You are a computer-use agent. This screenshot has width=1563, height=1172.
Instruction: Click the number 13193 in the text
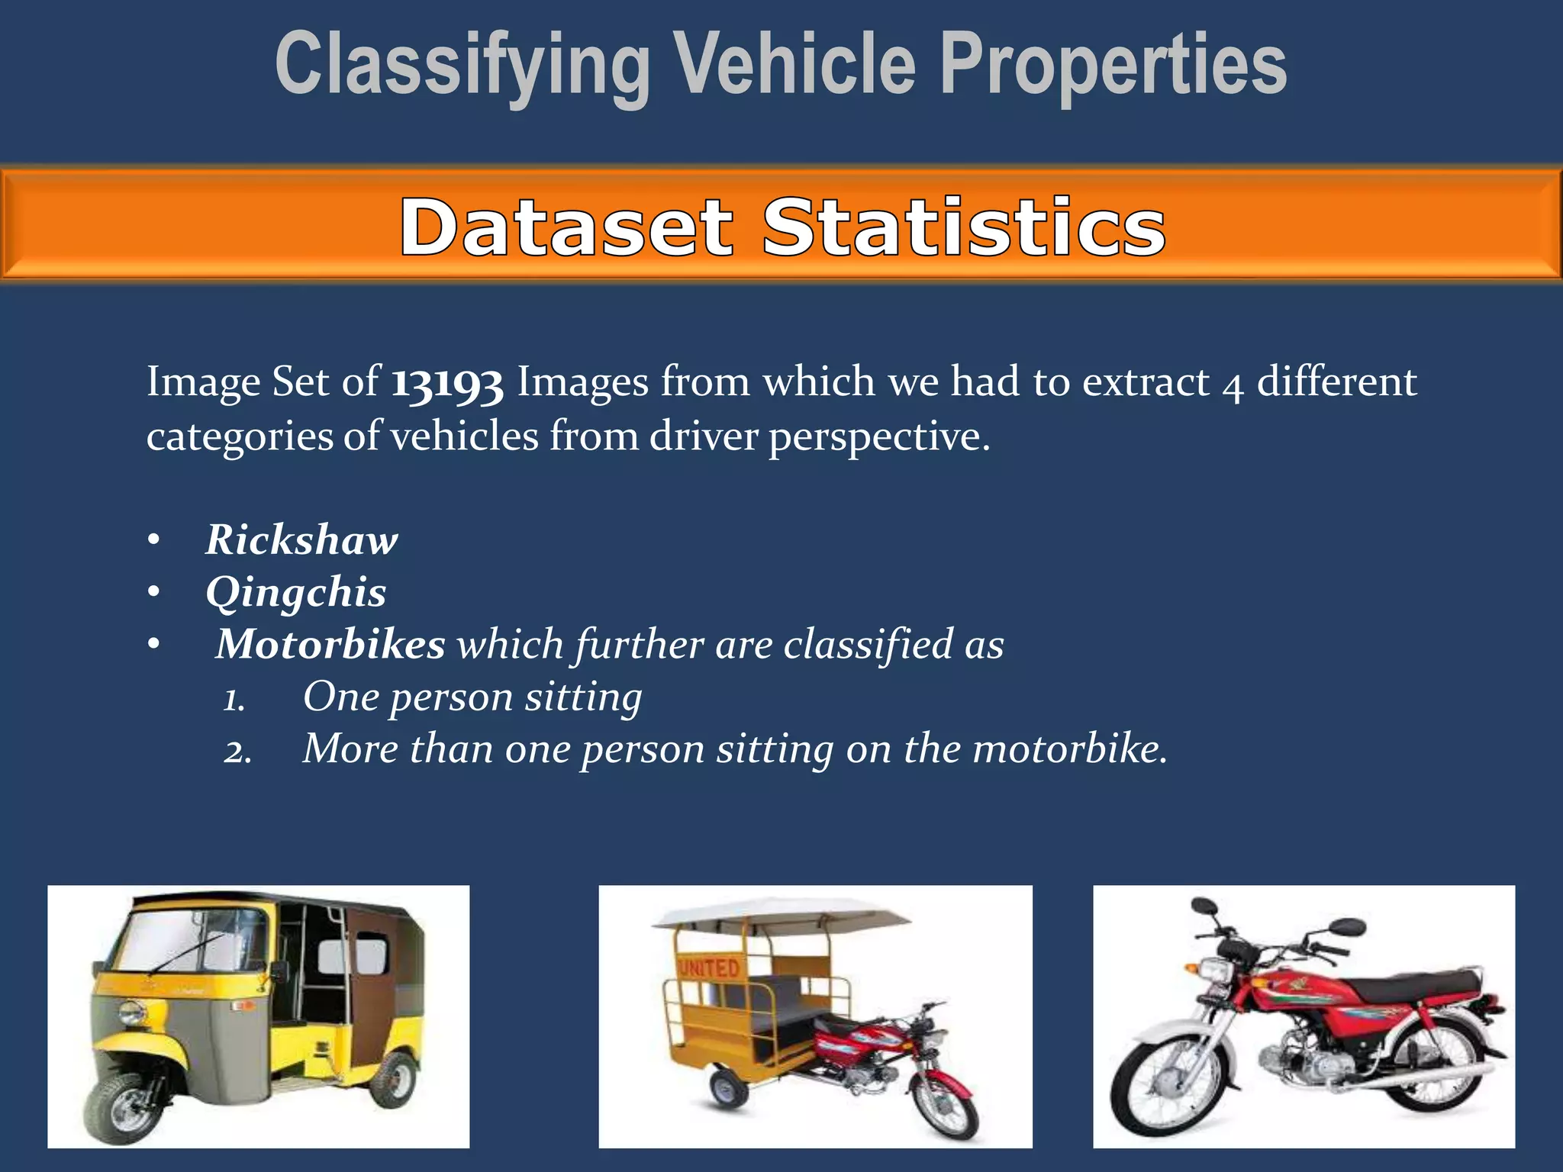pyautogui.click(x=447, y=382)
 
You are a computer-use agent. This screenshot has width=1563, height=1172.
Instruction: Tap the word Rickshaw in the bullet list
pyautogui.click(x=301, y=540)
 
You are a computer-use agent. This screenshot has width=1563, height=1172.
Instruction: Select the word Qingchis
pyautogui.click(x=296, y=592)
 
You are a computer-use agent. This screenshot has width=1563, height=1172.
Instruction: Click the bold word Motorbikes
pyautogui.click(x=330, y=644)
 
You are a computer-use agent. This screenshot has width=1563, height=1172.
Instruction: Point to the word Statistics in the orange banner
pyautogui.click(x=964, y=227)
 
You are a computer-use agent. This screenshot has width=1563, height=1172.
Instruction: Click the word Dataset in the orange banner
pyautogui.click(x=566, y=227)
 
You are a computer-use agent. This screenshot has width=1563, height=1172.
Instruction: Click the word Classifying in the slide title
pyautogui.click(x=462, y=65)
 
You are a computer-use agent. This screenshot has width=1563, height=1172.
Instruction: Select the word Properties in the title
pyautogui.click(x=1113, y=65)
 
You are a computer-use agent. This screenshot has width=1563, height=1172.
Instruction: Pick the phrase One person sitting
pyautogui.click(x=472, y=697)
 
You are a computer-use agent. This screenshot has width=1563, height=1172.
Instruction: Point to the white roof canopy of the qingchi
pyautogui.click(x=778, y=913)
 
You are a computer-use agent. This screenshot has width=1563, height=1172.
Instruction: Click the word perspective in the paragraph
pyautogui.click(x=878, y=437)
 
